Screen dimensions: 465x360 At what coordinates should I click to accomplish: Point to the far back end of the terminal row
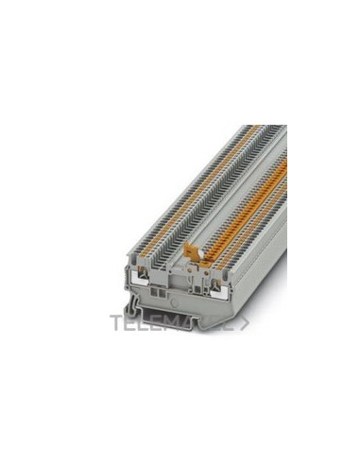coord(268,128)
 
